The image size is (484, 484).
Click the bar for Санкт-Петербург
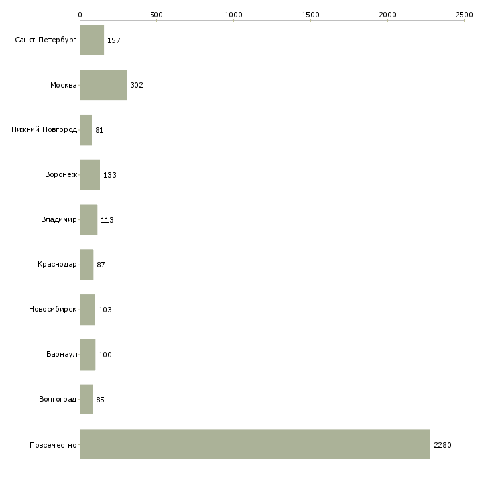coord(92,40)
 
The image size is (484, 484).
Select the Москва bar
coord(103,85)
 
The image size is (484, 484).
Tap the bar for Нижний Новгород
coord(86,130)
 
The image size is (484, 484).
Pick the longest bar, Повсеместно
coord(255,444)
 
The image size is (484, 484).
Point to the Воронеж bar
coord(90,175)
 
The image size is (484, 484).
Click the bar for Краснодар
coord(87,265)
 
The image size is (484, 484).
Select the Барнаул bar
coord(88,355)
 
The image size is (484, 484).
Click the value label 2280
coord(442,445)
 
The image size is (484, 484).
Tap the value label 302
coord(137,85)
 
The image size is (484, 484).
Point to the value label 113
coord(107,220)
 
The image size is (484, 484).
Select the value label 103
coord(105,310)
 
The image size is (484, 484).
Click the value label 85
coord(100,400)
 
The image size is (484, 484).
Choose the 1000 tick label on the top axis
coord(233,15)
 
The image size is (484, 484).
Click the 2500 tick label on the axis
coord(464,15)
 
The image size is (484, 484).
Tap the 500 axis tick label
coord(157,15)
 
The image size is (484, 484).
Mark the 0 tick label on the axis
coord(80,15)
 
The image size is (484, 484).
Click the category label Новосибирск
coord(53,309)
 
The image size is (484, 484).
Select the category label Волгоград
coord(58,399)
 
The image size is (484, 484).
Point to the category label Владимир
coord(58,219)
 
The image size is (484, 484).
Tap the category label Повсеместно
coord(53,445)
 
